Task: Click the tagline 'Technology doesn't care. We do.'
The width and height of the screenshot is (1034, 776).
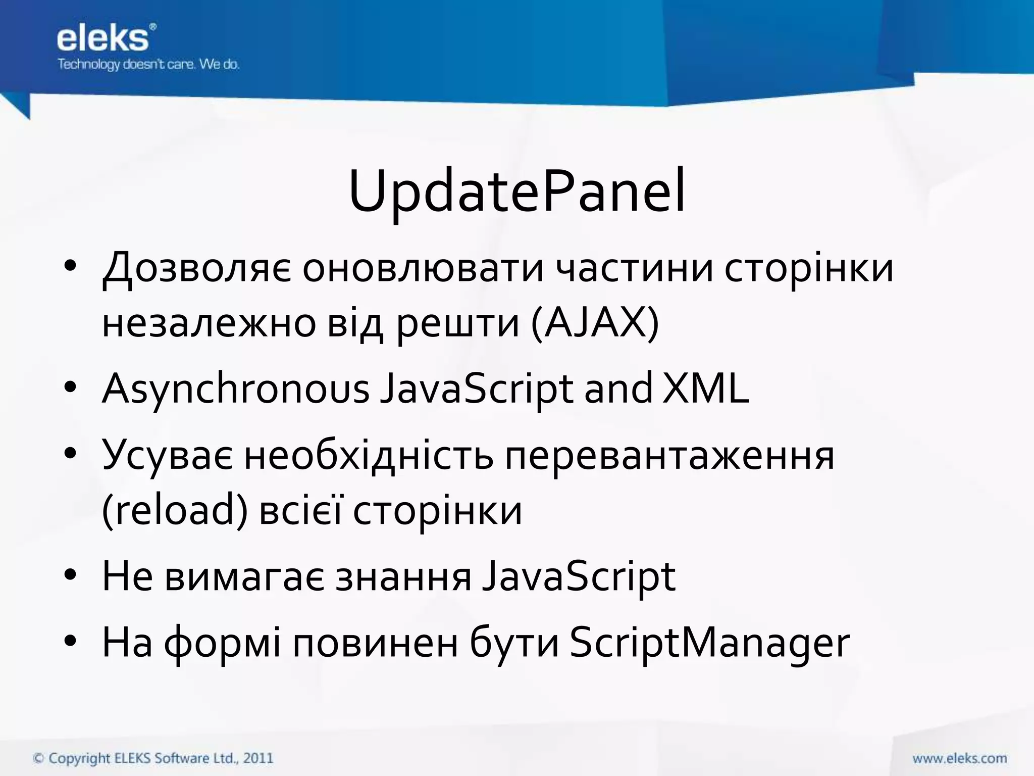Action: coord(148,65)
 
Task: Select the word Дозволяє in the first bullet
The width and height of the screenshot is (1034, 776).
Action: coord(196,268)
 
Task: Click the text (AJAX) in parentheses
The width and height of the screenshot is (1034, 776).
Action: coord(595,323)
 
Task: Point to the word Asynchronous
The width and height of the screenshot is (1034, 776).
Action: coord(236,389)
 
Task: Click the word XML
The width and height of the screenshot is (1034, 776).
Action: coord(705,389)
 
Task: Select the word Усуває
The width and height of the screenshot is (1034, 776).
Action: coord(168,455)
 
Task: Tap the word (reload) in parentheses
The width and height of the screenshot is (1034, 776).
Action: coord(175,510)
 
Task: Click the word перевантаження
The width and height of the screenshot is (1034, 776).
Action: coord(669,455)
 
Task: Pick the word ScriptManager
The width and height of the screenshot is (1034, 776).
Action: coord(710,643)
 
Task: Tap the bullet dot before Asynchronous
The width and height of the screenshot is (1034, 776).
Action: coord(70,388)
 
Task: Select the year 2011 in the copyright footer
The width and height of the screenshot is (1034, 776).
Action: coord(258,758)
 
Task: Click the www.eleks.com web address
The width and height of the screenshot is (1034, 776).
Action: coord(959,758)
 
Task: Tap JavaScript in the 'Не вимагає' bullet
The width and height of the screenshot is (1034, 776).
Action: coord(579,576)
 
